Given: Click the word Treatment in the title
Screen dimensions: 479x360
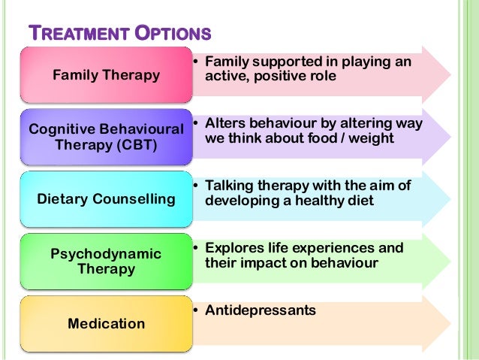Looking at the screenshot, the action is (73, 35).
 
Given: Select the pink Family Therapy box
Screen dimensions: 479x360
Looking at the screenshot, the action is (106, 74).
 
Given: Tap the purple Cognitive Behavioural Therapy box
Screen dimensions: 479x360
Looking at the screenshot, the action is (106, 137).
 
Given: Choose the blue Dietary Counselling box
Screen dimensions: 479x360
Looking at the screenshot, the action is (106, 199).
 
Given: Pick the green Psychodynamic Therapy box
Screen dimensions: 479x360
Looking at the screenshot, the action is (106, 262).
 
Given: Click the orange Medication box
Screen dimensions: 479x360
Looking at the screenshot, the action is (106, 324).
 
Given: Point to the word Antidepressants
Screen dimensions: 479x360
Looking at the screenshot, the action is (261, 310).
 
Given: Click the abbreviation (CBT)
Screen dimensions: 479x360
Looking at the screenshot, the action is (132, 145).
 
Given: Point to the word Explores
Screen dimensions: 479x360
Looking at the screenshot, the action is (233, 248).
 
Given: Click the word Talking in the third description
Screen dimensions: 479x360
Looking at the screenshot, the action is (230, 186).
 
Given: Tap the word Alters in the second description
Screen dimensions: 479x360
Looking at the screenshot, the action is (224, 123).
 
